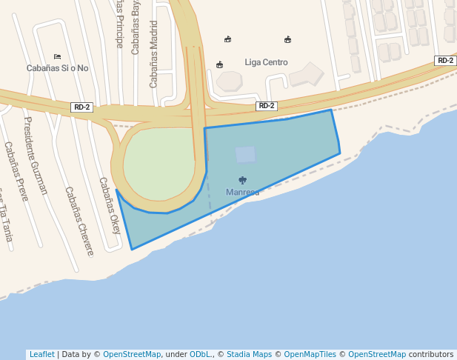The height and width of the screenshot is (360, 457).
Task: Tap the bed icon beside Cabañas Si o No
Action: point(57,56)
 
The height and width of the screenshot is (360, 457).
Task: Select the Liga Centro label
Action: point(266,62)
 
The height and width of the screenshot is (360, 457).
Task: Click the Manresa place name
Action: point(242,193)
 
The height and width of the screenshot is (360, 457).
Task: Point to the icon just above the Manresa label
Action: point(242,180)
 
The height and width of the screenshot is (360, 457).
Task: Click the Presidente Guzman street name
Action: point(36,156)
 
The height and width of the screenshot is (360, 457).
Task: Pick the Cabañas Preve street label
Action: point(16,172)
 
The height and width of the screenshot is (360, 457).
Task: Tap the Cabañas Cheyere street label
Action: point(79,221)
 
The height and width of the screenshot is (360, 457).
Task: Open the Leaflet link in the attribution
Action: point(41,355)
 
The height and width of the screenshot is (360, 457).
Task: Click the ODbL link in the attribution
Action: point(200,355)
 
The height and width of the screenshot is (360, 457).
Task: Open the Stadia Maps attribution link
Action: point(248,355)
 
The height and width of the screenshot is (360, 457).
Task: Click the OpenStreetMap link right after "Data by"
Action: point(132,355)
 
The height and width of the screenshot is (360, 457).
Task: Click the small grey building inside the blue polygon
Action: point(245,154)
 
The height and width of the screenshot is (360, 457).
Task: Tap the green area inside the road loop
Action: point(159,164)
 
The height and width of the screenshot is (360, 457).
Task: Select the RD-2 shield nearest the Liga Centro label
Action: point(266,106)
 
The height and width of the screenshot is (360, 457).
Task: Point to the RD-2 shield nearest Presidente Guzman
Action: point(81,107)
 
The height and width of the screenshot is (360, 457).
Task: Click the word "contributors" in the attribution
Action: point(431,355)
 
